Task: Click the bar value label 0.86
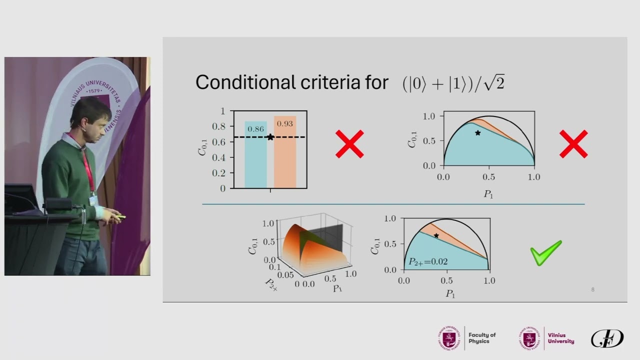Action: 255,129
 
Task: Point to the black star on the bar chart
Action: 270,137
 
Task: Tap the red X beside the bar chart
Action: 349,144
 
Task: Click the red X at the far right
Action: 573,144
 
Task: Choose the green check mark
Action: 546,252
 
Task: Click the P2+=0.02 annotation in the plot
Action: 428,261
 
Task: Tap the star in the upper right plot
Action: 478,133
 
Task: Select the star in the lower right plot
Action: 436,235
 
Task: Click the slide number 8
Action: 592,289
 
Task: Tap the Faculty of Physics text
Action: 482,338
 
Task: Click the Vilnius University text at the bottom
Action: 560,338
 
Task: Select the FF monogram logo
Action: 607,338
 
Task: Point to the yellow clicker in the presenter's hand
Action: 119,216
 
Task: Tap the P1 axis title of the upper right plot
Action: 488,193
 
